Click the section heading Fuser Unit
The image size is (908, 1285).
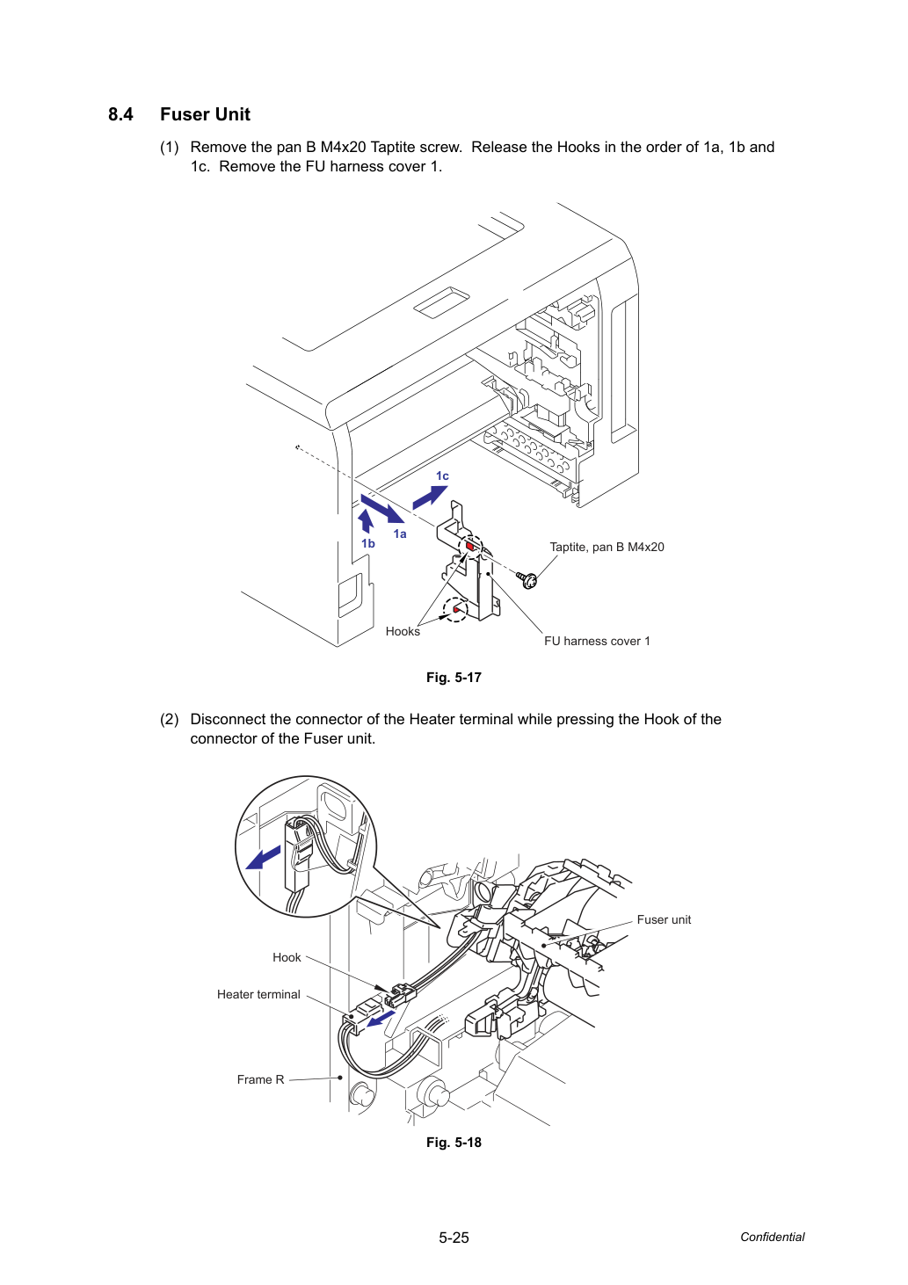click(205, 114)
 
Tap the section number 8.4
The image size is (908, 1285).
click(120, 114)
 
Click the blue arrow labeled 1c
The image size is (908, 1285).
click(430, 497)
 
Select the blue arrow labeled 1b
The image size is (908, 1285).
click(366, 521)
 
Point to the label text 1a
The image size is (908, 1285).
click(400, 534)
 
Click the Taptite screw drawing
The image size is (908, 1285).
click(527, 579)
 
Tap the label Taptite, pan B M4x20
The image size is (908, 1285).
click(607, 548)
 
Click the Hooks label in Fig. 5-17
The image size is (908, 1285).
click(402, 632)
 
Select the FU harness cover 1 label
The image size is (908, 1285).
click(597, 642)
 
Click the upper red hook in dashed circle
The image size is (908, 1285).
click(470, 546)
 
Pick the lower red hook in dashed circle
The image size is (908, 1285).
click(456, 609)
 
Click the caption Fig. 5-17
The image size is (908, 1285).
click(454, 678)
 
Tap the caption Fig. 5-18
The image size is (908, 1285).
click(454, 1142)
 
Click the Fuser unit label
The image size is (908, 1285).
click(664, 919)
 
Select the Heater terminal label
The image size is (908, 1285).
click(258, 994)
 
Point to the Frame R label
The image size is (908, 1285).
click(260, 1079)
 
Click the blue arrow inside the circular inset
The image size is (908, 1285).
click(263, 858)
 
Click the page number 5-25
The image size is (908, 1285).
click(454, 1238)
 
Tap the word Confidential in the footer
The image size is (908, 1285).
click(772, 1237)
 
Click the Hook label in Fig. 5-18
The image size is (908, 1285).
click(287, 957)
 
